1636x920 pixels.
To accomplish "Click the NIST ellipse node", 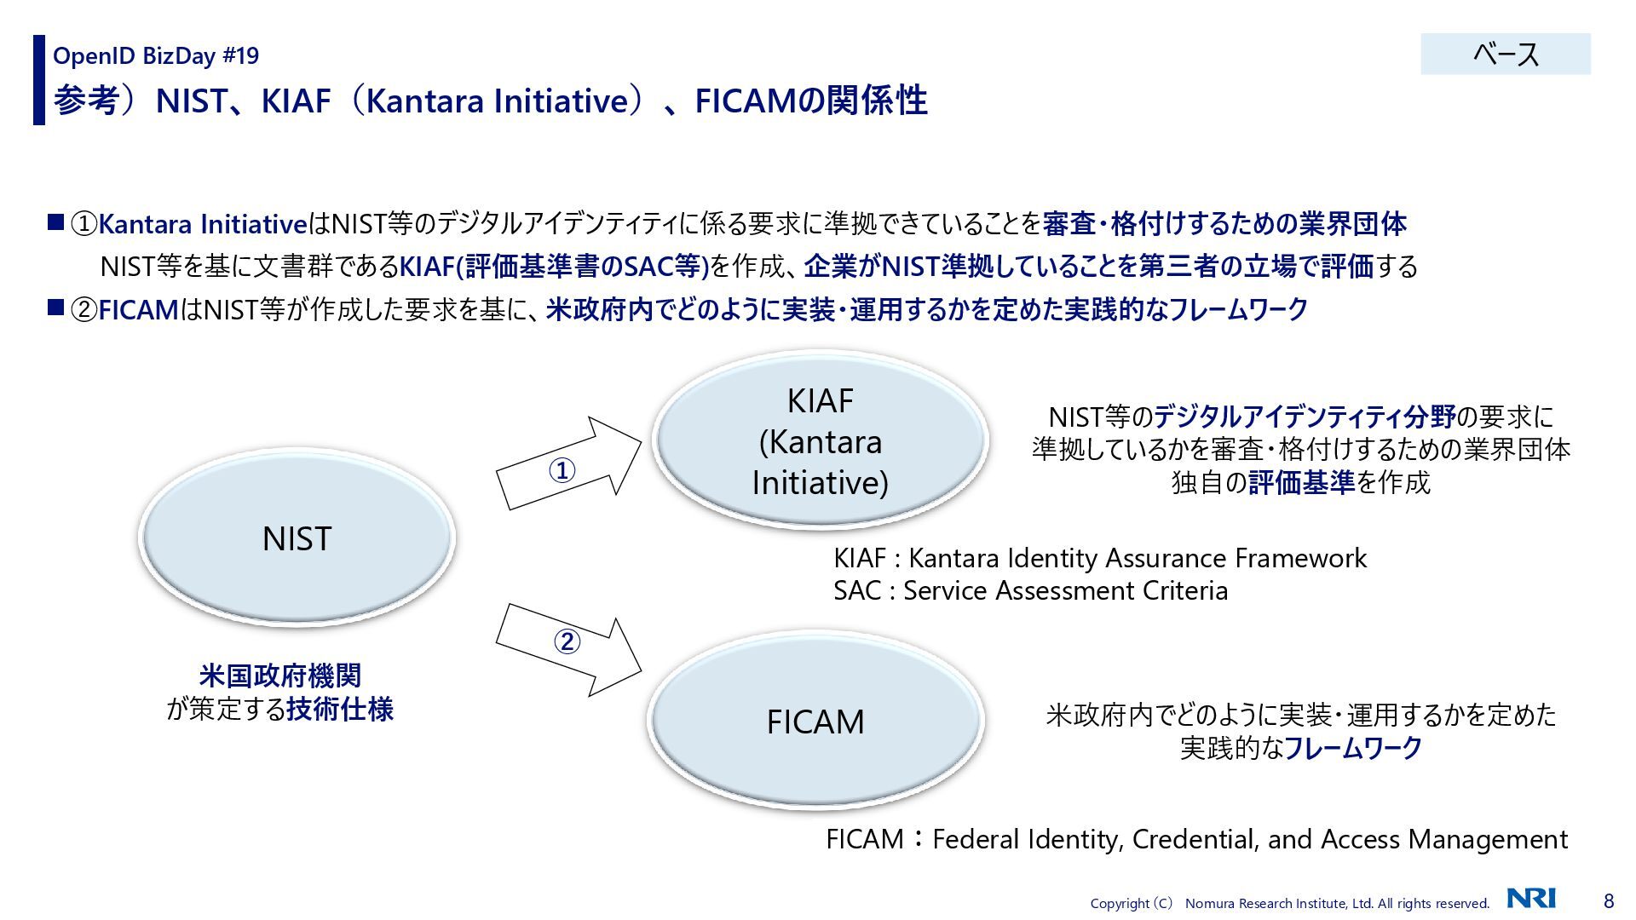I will click(x=297, y=538).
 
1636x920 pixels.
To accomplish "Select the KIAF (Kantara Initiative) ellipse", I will click(x=820, y=441).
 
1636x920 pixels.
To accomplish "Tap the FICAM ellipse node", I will click(x=815, y=722).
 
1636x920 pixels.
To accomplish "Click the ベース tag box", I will click(x=1505, y=55).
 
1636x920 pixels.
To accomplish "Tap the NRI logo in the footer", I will click(x=1530, y=899).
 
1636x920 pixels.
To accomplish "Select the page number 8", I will click(x=1609, y=900).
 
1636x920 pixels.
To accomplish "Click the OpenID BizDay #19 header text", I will click(x=156, y=56).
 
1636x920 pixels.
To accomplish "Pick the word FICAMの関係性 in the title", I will click(x=810, y=101).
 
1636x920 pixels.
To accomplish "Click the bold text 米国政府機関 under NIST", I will click(x=280, y=676).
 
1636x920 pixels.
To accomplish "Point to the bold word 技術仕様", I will click(x=340, y=709).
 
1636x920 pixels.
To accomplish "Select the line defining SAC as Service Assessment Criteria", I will click(x=1030, y=590).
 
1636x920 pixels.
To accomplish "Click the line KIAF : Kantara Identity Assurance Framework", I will click(x=1099, y=558).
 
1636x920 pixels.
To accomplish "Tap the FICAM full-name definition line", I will click(x=1196, y=839).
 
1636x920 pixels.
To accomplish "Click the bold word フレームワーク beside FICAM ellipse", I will click(x=1353, y=748).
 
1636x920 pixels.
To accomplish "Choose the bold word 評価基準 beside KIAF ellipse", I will click(x=1301, y=482).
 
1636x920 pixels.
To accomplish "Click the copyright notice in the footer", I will click(x=1289, y=903).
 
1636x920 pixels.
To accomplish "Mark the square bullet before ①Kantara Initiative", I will click(x=56, y=223).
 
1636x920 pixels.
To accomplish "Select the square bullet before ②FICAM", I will click(x=56, y=308).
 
